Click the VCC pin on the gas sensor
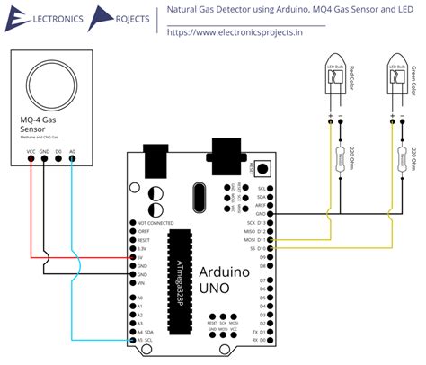click(32, 160)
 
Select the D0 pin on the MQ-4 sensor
click(58, 160)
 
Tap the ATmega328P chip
click(182, 260)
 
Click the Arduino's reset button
click(262, 168)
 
